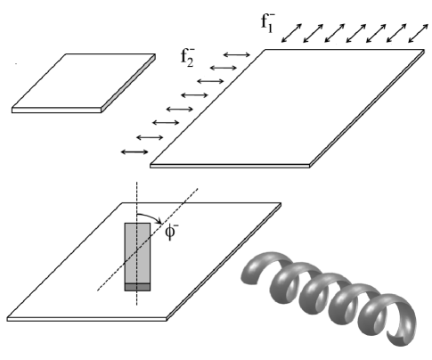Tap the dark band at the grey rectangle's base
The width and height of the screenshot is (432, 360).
click(137, 286)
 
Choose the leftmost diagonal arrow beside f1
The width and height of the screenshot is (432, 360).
click(293, 35)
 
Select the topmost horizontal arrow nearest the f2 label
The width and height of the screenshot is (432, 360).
click(237, 56)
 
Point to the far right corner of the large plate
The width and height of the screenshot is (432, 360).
click(421, 55)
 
